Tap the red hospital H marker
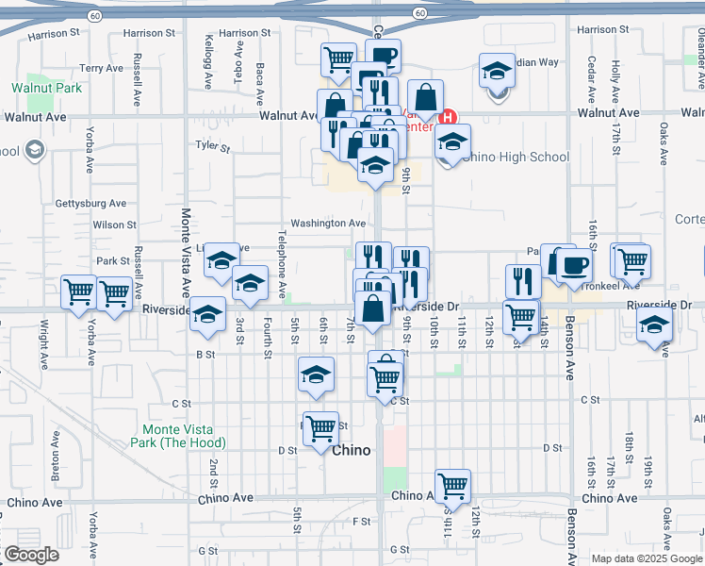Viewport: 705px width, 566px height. pos(449,118)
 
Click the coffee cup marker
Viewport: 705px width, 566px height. pos(573,265)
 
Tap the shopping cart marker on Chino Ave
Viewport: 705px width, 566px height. pos(452,486)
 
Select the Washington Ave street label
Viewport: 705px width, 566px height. pos(327,224)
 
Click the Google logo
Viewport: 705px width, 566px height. pos(30,555)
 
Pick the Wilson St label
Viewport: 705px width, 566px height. pos(114,225)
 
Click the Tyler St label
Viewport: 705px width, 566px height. pos(212,146)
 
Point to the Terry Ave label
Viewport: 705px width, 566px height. pos(101,68)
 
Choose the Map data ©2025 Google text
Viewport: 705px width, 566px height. pos(647,558)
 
